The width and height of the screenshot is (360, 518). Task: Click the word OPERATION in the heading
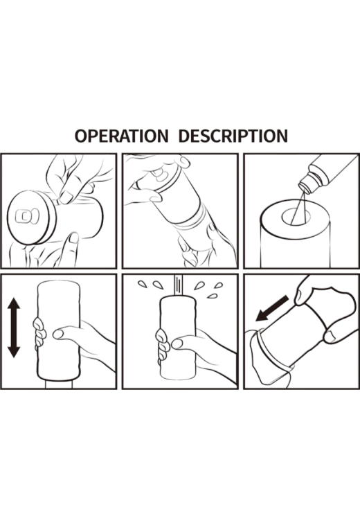click(x=121, y=136)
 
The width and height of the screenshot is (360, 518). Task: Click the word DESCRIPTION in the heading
click(x=233, y=136)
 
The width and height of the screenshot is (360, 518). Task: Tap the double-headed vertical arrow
click(x=14, y=328)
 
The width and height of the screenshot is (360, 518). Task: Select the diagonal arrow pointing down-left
click(x=272, y=309)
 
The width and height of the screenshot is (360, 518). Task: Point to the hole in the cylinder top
click(x=296, y=216)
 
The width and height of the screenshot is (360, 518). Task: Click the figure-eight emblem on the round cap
click(x=27, y=216)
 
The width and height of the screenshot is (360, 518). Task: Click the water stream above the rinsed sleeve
click(x=179, y=286)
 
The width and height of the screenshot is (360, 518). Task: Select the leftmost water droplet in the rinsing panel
click(x=143, y=284)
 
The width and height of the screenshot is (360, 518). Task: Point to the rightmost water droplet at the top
click(x=218, y=285)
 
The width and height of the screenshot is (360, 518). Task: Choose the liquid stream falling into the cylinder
click(x=298, y=208)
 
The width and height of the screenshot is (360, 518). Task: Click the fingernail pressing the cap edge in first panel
click(x=66, y=197)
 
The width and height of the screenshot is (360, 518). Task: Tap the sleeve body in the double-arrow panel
click(x=59, y=330)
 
